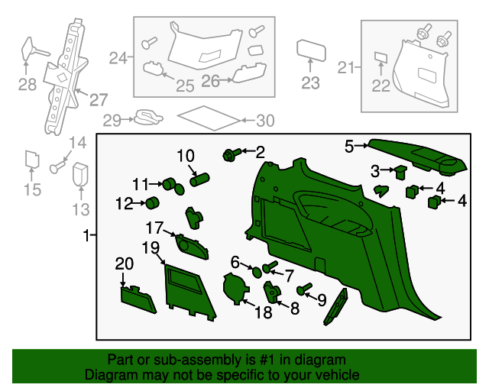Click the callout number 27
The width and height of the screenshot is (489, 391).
[x=99, y=100]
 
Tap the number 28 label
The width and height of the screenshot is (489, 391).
[x=28, y=84]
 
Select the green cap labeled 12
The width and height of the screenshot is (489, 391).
[x=152, y=203]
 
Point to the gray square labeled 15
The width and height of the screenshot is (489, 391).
[x=32, y=159]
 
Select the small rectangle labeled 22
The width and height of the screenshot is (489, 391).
[x=381, y=57]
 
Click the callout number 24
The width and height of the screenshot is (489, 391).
[x=118, y=58]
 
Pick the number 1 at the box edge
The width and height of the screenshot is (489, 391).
[x=86, y=234]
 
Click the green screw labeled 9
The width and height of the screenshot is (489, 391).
[x=305, y=289]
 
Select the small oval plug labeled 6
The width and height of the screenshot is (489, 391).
[x=256, y=271]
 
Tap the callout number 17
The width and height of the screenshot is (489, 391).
[x=155, y=228]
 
